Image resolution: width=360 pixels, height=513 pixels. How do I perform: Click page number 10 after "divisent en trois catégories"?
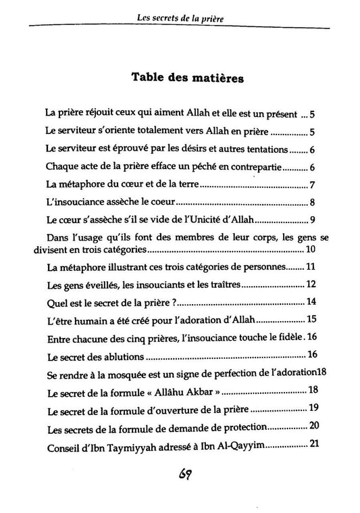(x=311, y=251)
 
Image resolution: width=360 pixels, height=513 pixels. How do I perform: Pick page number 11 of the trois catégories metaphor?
(x=311, y=268)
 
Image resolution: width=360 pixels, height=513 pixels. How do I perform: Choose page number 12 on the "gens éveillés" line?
(x=311, y=285)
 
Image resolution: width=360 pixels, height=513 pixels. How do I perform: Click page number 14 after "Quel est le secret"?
(x=312, y=302)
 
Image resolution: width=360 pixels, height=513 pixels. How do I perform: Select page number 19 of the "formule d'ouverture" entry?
(x=313, y=408)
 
